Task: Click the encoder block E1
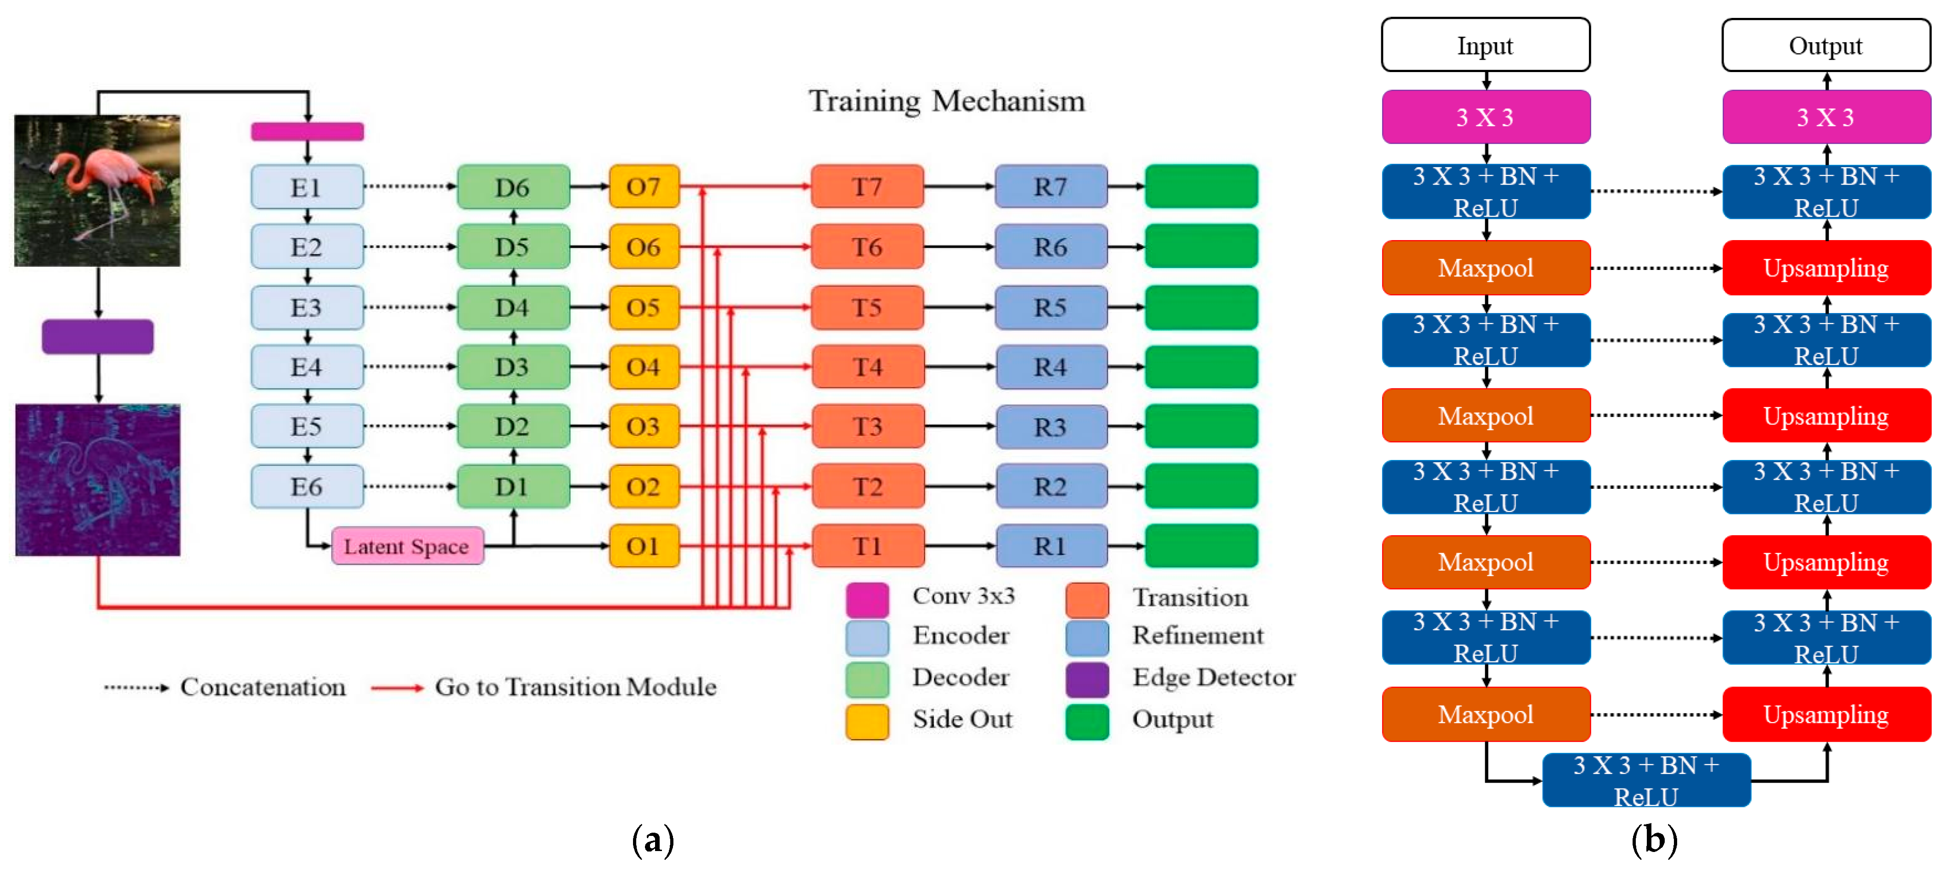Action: point(306,187)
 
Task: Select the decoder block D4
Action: point(513,307)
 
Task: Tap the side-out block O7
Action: point(644,187)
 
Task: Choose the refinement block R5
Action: point(1051,307)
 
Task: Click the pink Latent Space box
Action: point(407,546)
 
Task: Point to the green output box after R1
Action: point(1201,546)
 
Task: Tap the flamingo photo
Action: point(98,190)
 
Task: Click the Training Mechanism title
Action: point(946,101)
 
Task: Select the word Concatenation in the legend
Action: point(263,687)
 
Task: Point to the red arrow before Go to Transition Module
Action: point(397,688)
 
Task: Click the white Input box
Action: point(1485,45)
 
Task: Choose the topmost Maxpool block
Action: point(1485,268)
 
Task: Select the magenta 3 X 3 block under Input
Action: point(1485,118)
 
